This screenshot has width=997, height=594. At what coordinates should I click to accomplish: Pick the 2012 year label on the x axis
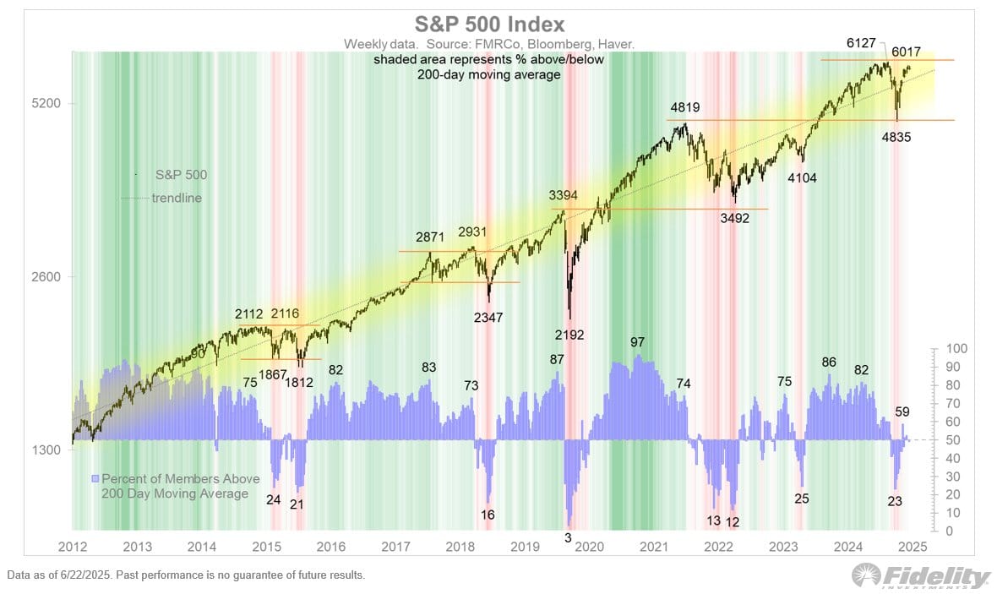pos(73,547)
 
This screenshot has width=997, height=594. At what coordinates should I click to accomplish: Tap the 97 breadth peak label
pos(638,342)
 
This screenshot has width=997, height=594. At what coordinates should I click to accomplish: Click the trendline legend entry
pos(177,199)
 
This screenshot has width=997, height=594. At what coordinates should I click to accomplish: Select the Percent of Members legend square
pos(95,478)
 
